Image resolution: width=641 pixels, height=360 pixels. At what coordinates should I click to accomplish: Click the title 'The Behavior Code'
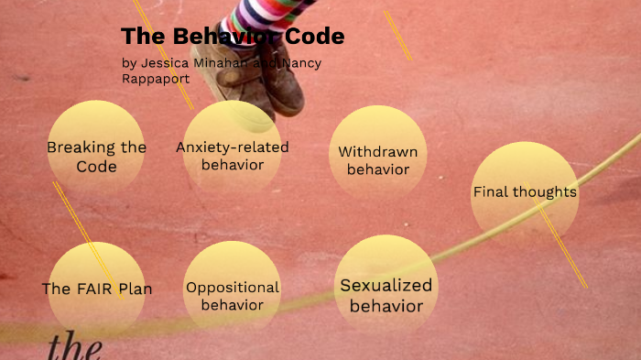click(x=233, y=37)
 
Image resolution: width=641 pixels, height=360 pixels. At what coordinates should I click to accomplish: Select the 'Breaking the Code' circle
click(x=96, y=152)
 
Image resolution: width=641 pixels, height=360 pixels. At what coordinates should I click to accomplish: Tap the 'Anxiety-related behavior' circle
click(x=232, y=153)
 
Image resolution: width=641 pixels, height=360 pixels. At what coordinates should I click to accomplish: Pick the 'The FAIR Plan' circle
click(x=96, y=289)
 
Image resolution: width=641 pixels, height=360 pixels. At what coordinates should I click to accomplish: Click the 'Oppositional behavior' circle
click(x=233, y=291)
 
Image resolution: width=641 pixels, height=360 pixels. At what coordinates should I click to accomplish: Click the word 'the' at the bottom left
click(x=73, y=347)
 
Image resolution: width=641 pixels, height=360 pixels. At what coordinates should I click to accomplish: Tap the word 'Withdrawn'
click(x=377, y=152)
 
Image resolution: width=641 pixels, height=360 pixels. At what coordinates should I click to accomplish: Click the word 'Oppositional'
click(x=233, y=288)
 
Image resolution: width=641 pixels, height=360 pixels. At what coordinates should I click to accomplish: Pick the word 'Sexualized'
click(x=386, y=285)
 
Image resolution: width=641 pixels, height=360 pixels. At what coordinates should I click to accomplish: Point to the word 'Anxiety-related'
click(x=232, y=147)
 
